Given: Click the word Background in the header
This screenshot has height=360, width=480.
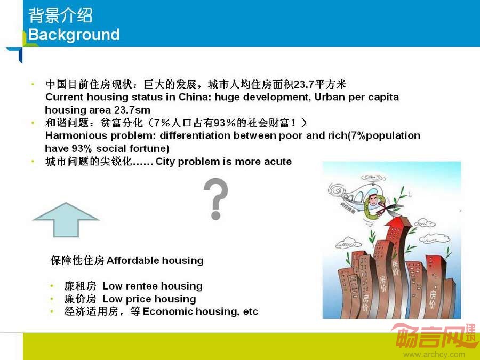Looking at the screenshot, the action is [74, 35].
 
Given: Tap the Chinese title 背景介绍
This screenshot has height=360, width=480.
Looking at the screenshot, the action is [61, 15].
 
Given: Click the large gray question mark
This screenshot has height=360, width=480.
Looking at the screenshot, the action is [216, 199].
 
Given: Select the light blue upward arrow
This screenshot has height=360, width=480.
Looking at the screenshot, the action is [66, 220].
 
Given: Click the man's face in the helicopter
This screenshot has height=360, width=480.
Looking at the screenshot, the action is [373, 201].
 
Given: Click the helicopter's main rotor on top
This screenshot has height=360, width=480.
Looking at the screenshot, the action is [373, 178].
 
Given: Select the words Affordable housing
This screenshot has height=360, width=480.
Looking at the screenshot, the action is [155, 260].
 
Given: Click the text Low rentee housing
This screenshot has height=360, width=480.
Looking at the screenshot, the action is [153, 286].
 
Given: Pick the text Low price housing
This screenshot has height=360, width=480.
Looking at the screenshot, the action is [149, 299].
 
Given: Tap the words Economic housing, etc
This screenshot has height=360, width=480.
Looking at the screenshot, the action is [201, 311].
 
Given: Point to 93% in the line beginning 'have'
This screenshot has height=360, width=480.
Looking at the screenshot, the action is [82, 148].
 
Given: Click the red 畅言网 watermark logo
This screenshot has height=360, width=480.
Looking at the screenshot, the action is [434, 336].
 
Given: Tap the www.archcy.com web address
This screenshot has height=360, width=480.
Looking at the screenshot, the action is [434, 355].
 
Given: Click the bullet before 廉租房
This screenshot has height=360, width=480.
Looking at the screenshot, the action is [52, 286].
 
